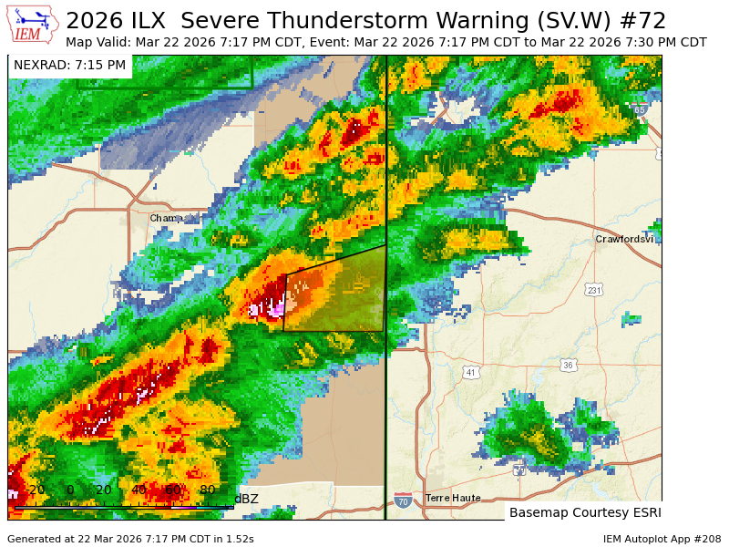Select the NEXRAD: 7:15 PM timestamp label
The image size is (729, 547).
[x=70, y=65]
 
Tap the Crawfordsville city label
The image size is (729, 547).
[x=624, y=239]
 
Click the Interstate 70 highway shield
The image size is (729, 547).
[x=403, y=501]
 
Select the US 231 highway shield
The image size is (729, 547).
[x=593, y=290]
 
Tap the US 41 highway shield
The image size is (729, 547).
[x=470, y=372]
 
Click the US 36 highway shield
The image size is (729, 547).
[x=569, y=366]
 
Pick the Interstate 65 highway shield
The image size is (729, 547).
[x=641, y=109]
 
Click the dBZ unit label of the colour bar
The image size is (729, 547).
[x=246, y=498]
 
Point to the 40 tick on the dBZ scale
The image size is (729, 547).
[x=139, y=490]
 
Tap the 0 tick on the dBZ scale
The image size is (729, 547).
[x=70, y=490]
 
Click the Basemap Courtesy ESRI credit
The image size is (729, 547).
[x=584, y=512]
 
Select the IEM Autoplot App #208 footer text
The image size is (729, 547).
[x=662, y=539]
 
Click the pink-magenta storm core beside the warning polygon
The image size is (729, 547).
[x=271, y=308]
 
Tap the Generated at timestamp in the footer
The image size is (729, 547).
[x=130, y=539]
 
